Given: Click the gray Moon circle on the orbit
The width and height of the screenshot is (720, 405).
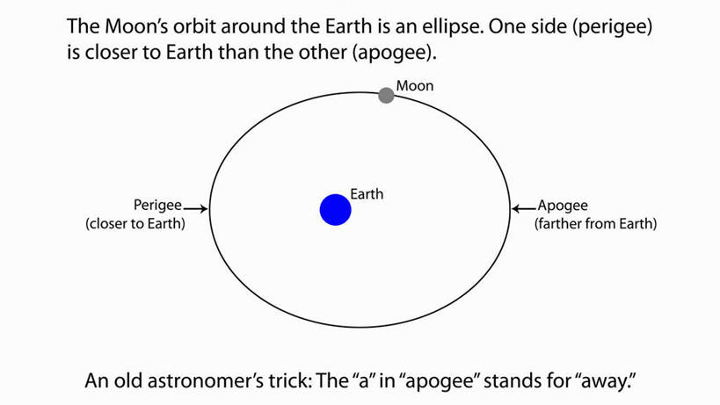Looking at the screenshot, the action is pyautogui.click(x=386, y=96).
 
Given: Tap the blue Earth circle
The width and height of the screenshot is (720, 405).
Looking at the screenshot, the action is pyautogui.click(x=336, y=210).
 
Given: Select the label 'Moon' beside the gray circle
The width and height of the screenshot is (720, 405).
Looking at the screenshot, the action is pyautogui.click(x=415, y=86).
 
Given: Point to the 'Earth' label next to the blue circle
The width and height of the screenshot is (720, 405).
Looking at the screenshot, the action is pyautogui.click(x=367, y=194).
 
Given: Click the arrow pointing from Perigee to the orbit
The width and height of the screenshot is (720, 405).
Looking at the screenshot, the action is pyautogui.click(x=196, y=209).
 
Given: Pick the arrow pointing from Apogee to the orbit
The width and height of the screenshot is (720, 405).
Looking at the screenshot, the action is pyautogui.click(x=524, y=209).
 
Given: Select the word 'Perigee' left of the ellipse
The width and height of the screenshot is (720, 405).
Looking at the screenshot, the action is pyautogui.click(x=157, y=205).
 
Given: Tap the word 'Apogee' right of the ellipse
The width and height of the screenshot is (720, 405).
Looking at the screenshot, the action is pyautogui.click(x=563, y=206).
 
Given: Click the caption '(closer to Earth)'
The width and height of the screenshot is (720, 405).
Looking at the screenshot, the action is pyautogui.click(x=135, y=224).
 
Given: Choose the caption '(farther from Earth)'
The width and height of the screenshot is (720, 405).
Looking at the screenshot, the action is pyautogui.click(x=595, y=224).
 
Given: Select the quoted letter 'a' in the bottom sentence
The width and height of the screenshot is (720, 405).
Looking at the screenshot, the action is pyautogui.click(x=364, y=380).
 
